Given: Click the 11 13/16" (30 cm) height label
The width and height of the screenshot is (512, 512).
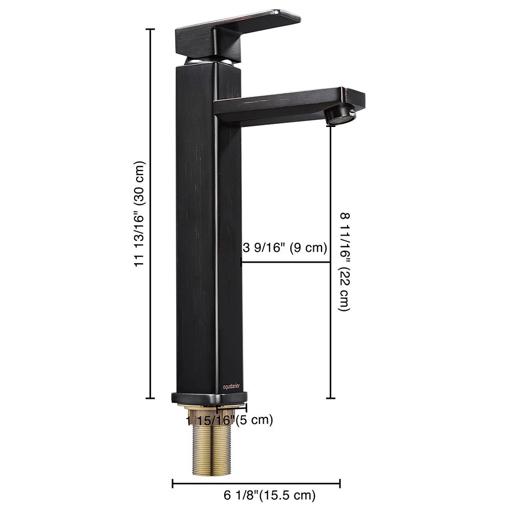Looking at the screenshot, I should coord(140,214).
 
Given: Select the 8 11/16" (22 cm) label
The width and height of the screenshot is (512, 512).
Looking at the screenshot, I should coord(344,262).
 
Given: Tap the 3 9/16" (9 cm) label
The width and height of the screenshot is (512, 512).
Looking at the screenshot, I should coord(284,249).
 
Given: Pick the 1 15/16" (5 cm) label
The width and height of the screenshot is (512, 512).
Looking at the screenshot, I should coord(229,420).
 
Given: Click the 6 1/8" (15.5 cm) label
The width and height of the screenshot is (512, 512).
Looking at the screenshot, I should coord(269,495).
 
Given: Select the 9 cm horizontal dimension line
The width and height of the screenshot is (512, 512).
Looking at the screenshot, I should coord(286,262).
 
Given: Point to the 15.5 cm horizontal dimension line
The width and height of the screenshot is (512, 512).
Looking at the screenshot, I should coord(256,482).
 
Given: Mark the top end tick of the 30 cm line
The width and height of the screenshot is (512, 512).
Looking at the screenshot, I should coord(151,29).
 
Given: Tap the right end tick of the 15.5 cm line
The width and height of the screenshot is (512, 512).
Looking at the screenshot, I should coord(340,482).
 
